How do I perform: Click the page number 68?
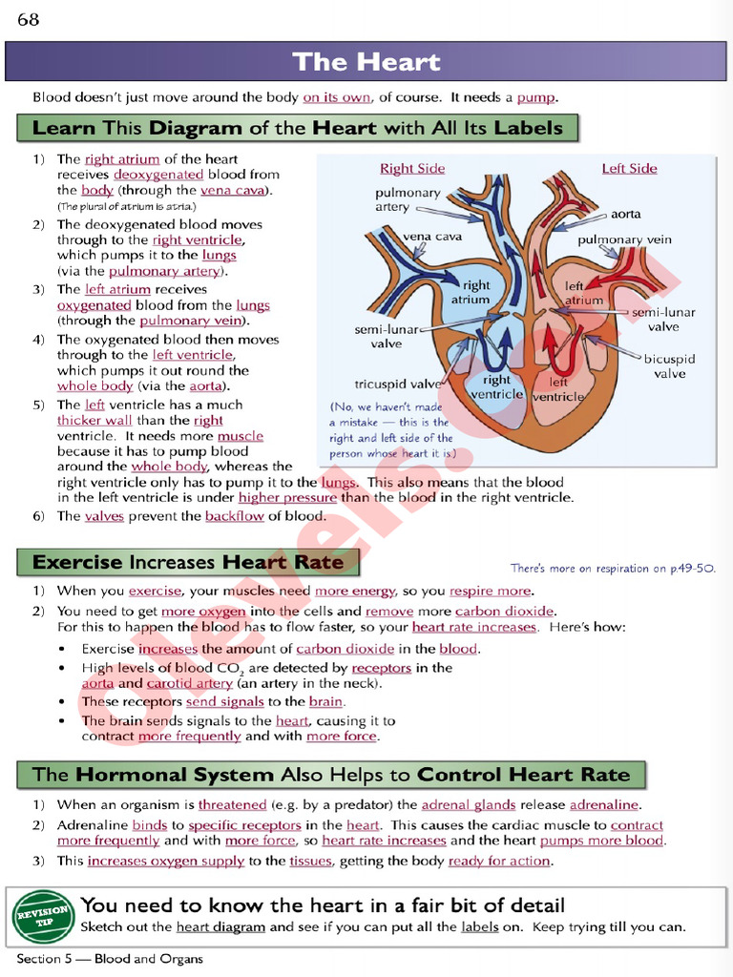(28, 19)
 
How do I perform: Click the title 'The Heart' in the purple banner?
(366, 63)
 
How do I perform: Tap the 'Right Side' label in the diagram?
(412, 169)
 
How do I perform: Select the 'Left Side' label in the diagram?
(629, 169)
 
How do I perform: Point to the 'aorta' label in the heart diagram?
(626, 215)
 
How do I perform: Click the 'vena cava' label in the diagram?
(432, 236)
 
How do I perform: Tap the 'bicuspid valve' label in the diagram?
(669, 366)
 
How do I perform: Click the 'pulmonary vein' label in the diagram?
(625, 240)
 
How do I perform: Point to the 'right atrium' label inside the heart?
(475, 292)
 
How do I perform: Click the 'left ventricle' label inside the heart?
(557, 388)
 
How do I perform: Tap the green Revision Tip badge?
(44, 917)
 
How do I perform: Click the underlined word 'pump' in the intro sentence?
(536, 97)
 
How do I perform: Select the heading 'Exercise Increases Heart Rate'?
(188, 562)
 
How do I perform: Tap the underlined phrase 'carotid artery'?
(190, 683)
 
